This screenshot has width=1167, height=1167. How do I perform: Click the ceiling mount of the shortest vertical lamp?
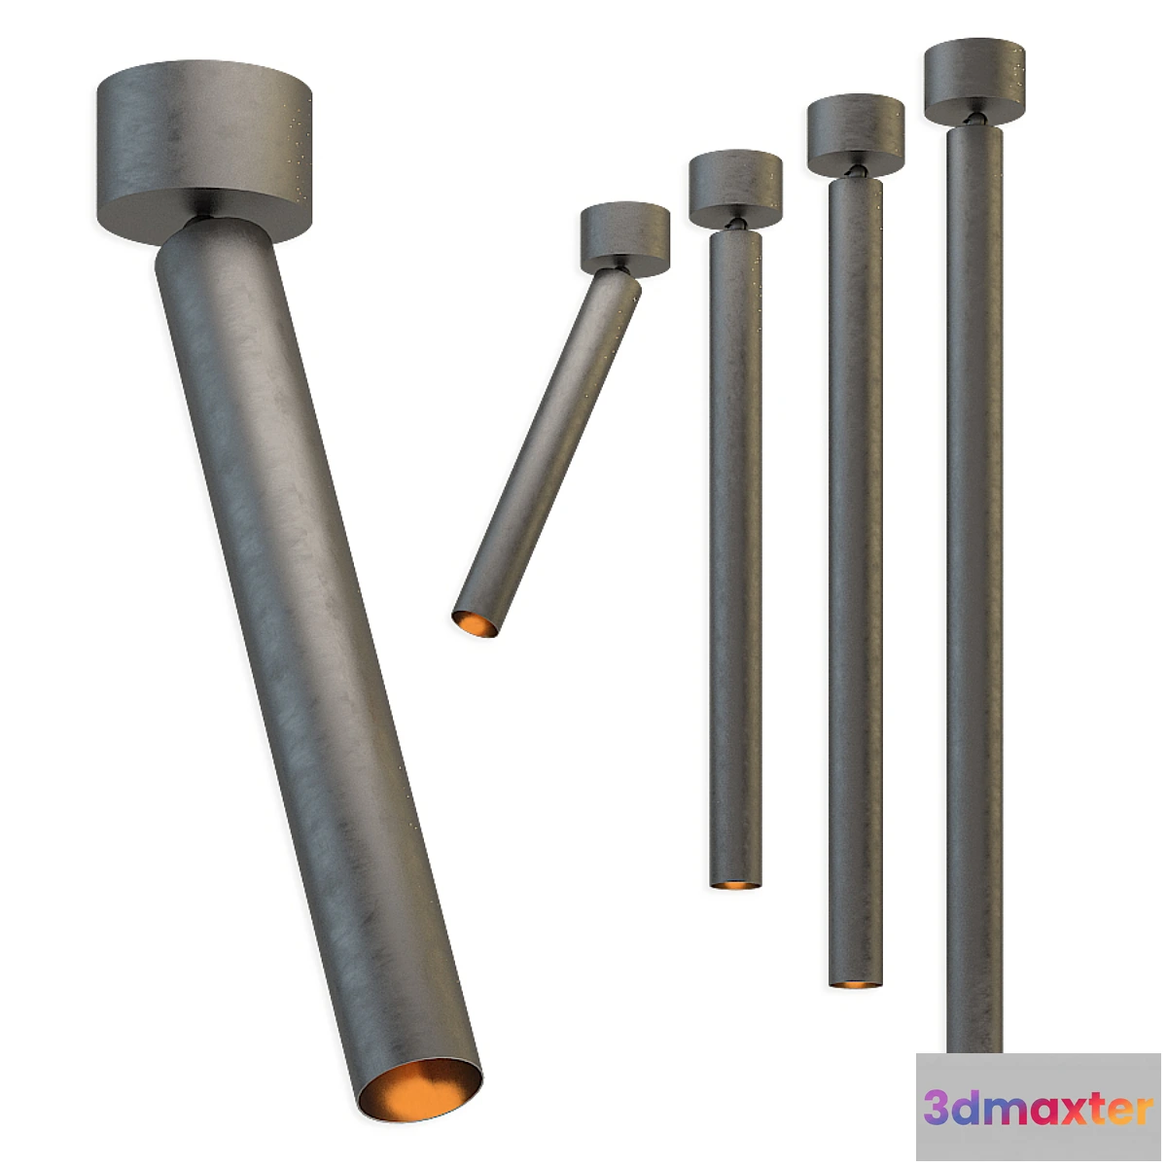736,187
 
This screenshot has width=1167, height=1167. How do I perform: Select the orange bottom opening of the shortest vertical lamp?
735,884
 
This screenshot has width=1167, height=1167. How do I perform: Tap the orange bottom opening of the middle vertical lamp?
855,983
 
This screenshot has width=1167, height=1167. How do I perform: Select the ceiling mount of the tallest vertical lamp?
974,80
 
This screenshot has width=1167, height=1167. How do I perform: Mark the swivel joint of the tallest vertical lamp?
973,119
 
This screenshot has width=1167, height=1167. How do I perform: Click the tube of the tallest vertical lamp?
974,583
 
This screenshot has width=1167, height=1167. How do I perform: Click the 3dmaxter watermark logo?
1039,1109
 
